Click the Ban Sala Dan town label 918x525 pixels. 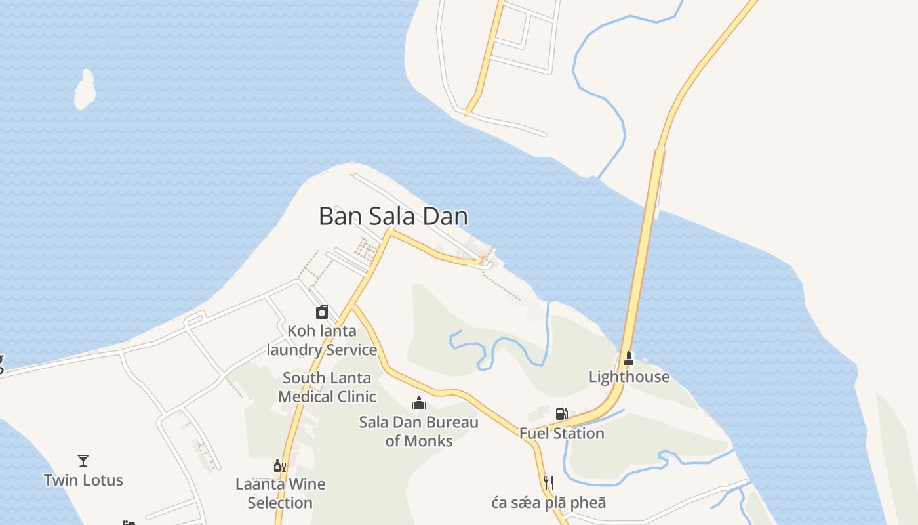(x=393, y=216)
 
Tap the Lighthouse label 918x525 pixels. (x=629, y=377)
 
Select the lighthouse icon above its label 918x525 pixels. (x=629, y=358)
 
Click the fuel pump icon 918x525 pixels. (x=561, y=413)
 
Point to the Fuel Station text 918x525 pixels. (x=561, y=433)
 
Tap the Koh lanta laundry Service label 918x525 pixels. (x=322, y=340)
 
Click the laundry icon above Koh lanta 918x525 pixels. (x=322, y=312)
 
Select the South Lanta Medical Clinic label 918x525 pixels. (x=327, y=387)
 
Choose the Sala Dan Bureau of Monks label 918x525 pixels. (x=419, y=431)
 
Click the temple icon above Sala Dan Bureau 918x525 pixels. (x=419, y=402)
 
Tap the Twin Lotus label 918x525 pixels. (x=83, y=480)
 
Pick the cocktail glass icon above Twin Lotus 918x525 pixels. (x=83, y=461)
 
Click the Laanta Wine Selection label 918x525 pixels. (x=280, y=493)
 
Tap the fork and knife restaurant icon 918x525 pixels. (x=549, y=483)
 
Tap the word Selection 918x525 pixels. (x=280, y=503)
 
